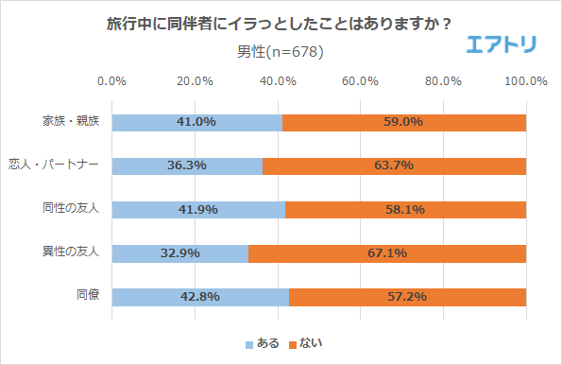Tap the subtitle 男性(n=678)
(x=280, y=51)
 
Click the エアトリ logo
(x=502, y=43)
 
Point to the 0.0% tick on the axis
(x=112, y=81)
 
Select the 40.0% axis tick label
(x=278, y=81)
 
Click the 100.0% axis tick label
(x=526, y=81)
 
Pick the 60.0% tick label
(x=361, y=81)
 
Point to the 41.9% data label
(x=197, y=209)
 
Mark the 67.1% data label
(x=387, y=252)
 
